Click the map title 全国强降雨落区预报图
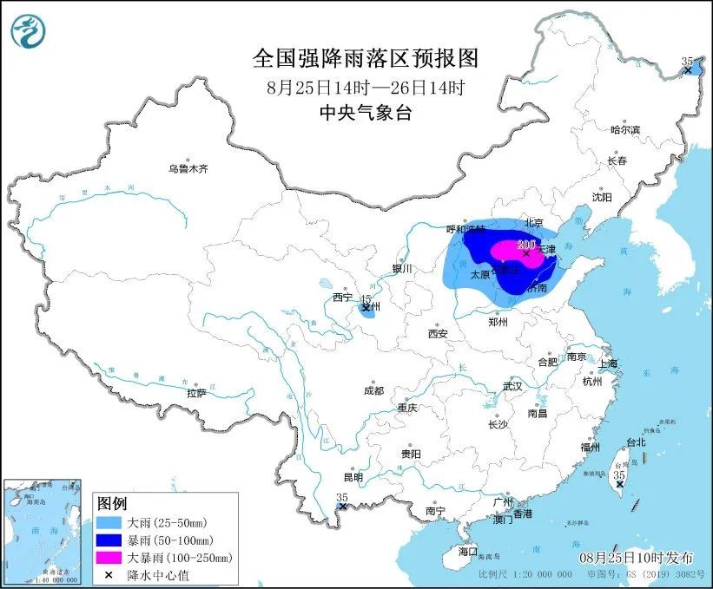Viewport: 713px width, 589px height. (x=365, y=58)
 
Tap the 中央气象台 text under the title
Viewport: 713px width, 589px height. (x=365, y=112)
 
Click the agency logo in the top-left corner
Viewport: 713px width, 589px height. (x=28, y=31)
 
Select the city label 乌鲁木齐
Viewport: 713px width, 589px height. (x=188, y=168)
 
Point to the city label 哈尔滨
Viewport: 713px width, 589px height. (x=624, y=129)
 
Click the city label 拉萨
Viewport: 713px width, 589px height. (x=196, y=393)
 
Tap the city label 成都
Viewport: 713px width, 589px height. (x=374, y=390)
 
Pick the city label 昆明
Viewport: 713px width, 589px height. (x=353, y=477)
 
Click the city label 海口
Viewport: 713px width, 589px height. (x=468, y=551)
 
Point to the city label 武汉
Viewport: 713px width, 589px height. (x=512, y=386)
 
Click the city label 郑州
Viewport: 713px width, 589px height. (x=498, y=322)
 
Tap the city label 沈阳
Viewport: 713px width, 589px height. (x=602, y=197)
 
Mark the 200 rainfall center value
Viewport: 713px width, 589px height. (x=525, y=245)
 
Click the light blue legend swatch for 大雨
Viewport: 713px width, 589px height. (x=109, y=523)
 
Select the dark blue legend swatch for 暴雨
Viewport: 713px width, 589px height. (x=109, y=540)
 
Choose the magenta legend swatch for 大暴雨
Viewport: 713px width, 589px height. (x=109, y=557)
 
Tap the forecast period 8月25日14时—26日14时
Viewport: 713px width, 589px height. (x=365, y=87)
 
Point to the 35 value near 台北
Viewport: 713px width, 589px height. (x=619, y=475)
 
